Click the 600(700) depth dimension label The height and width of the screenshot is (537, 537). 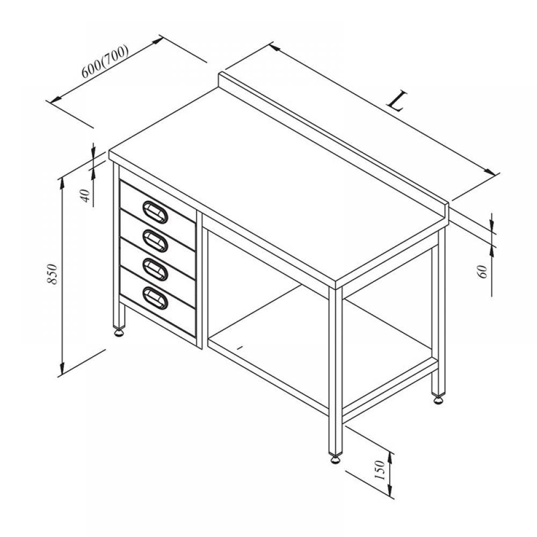tap(105, 61)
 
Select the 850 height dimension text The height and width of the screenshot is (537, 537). tap(52, 274)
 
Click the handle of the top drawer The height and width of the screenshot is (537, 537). tap(155, 211)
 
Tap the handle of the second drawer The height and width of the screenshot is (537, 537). tap(155, 239)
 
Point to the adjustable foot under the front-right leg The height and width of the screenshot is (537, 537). tap(336, 459)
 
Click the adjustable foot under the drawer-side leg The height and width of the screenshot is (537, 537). tap(119, 332)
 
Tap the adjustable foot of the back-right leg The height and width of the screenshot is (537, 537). tap(438, 400)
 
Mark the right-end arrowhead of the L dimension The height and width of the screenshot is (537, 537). tap(489, 172)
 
